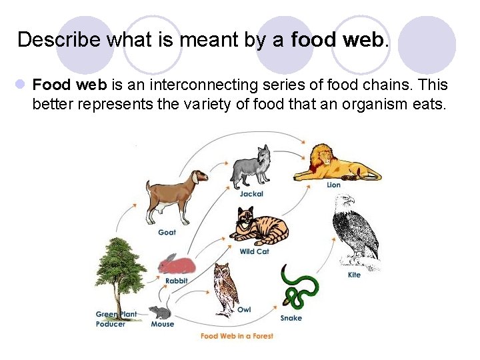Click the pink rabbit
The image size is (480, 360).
point(177,265)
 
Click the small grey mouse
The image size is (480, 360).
point(160,312)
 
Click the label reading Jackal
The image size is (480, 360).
point(251,194)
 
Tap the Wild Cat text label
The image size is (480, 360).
point(254,252)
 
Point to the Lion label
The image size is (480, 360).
point(333,185)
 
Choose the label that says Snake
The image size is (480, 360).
point(291,318)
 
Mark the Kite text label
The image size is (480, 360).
point(354,275)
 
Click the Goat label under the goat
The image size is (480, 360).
point(167,232)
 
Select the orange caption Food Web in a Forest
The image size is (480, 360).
point(237,336)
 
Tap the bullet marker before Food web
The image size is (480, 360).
point(21,85)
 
